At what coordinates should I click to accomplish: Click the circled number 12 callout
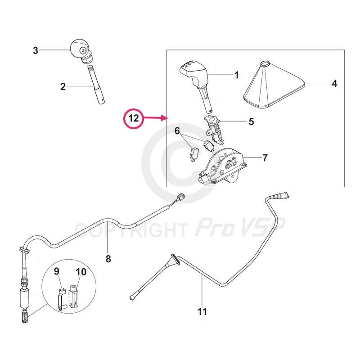tap(134, 118)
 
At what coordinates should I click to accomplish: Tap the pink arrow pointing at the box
tap(155, 118)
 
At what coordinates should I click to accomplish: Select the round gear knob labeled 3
tap(81, 51)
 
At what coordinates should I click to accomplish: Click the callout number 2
tap(63, 86)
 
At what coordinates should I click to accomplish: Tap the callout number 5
tap(252, 121)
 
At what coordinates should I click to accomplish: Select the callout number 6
tap(177, 130)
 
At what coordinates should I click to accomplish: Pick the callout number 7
tap(265, 158)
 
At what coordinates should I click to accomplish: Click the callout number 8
tap(108, 259)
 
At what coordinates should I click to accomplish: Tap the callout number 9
tap(57, 271)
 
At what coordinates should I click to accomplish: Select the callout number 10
tap(81, 272)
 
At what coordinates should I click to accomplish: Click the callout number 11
tap(202, 311)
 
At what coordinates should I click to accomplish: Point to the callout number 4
tap(334, 84)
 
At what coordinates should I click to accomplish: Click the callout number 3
tap(36, 50)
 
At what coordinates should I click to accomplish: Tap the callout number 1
tap(237, 75)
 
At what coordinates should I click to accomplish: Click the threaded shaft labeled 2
tap(96, 85)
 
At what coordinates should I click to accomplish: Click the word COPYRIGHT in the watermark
tap(130, 230)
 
